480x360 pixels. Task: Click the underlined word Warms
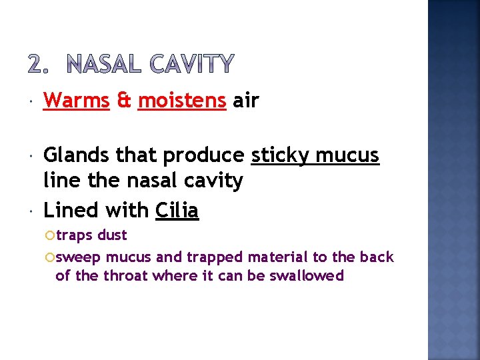(x=76, y=101)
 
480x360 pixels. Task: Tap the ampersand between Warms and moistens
(x=123, y=101)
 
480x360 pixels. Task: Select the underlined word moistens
(x=181, y=101)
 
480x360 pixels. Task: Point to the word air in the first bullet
(x=246, y=101)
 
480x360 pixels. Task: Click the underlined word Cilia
(x=177, y=210)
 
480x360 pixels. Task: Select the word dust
(x=111, y=235)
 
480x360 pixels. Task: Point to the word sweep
(x=79, y=257)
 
